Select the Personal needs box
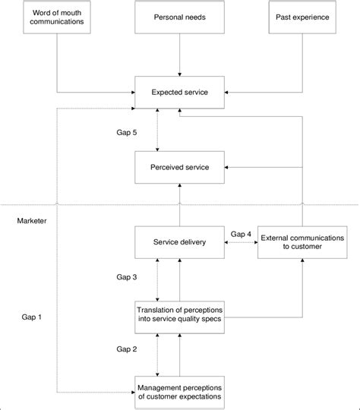180,17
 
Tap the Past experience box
302,17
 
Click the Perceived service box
180,166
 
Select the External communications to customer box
302,242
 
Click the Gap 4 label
241,233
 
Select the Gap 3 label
126,278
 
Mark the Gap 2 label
126,348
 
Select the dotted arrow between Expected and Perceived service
157,130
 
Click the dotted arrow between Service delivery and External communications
242,243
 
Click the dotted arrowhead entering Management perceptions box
131,392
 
